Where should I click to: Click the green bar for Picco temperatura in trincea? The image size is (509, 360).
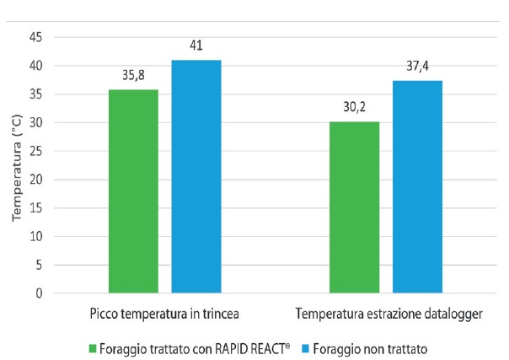tap(133, 191)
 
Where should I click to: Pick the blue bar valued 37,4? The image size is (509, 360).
tap(417, 187)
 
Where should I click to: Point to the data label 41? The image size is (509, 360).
tap(196, 46)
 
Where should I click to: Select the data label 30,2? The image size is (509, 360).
tap(354, 106)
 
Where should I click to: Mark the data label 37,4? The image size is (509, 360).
tap(417, 66)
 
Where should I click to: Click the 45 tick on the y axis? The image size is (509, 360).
tap(35, 37)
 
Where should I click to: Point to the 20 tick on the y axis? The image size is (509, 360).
tap(35, 180)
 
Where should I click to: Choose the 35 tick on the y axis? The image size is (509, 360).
tap(35, 94)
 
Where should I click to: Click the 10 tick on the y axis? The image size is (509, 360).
tap(35, 237)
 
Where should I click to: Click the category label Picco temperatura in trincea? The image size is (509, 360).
tap(165, 314)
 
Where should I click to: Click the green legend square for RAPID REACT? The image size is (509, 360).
tap(93, 347)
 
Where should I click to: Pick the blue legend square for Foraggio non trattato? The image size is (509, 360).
tap(309, 347)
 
